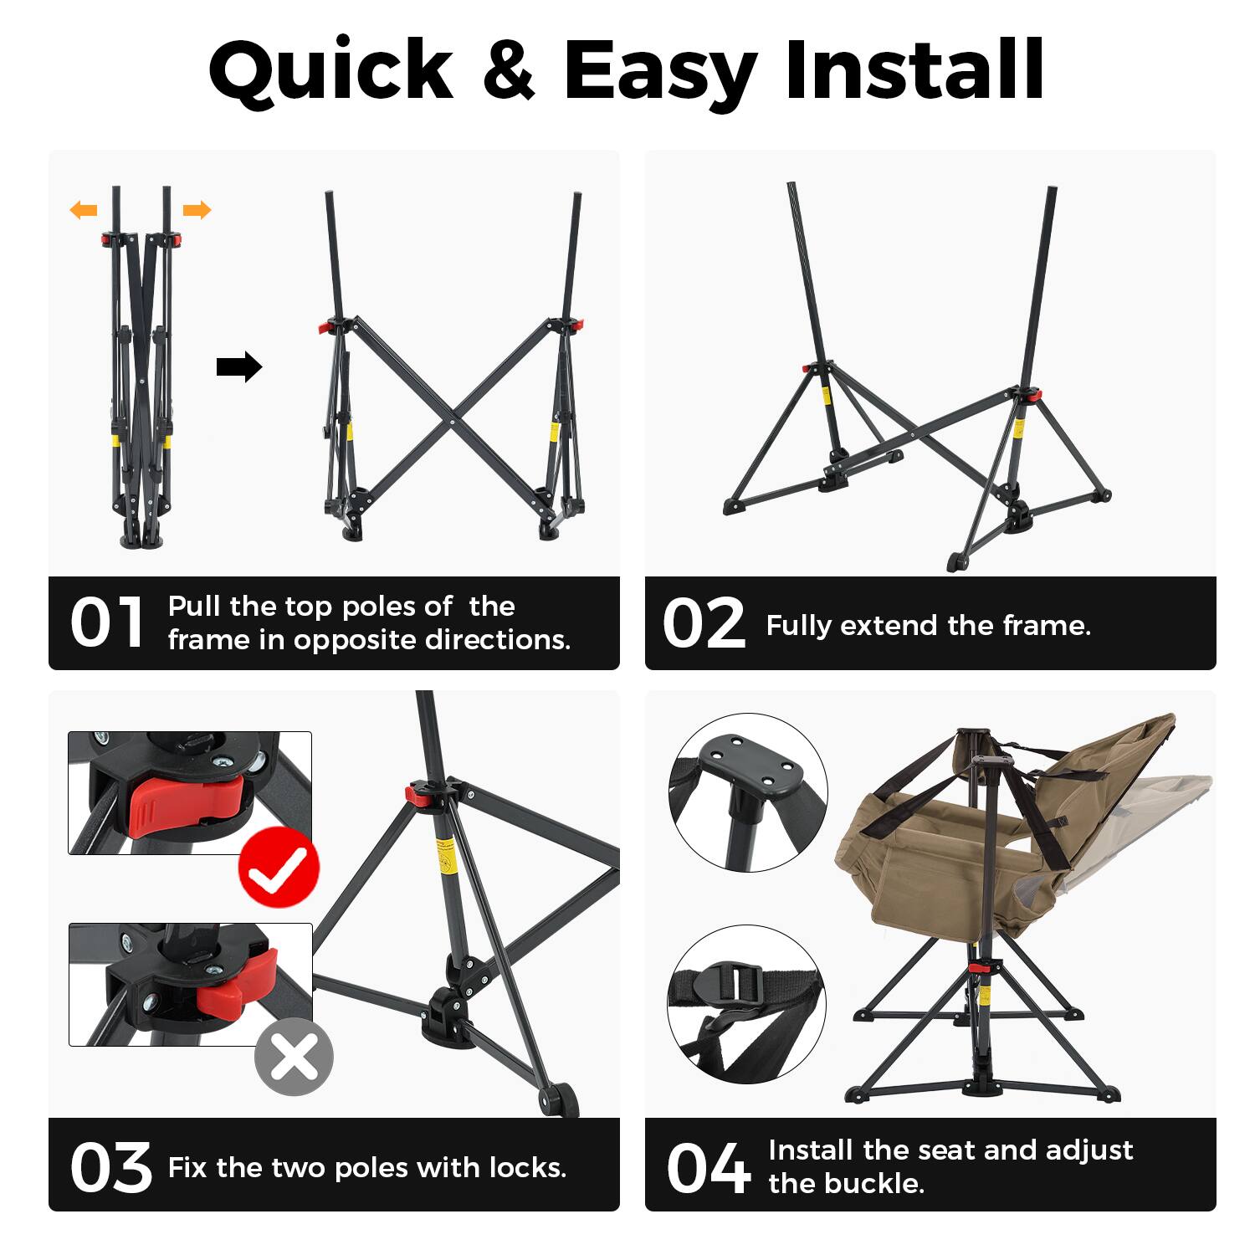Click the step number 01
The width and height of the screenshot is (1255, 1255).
107,623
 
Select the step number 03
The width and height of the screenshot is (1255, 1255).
110,1167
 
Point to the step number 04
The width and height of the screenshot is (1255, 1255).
708,1168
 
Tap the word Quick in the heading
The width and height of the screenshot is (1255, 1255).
330,71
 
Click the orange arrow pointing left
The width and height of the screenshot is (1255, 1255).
84,210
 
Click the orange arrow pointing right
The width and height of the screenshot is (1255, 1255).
197,210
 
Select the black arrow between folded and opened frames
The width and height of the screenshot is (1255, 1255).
239,366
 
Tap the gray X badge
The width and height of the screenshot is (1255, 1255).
294,1057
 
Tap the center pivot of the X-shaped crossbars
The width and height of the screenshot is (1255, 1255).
453,422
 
